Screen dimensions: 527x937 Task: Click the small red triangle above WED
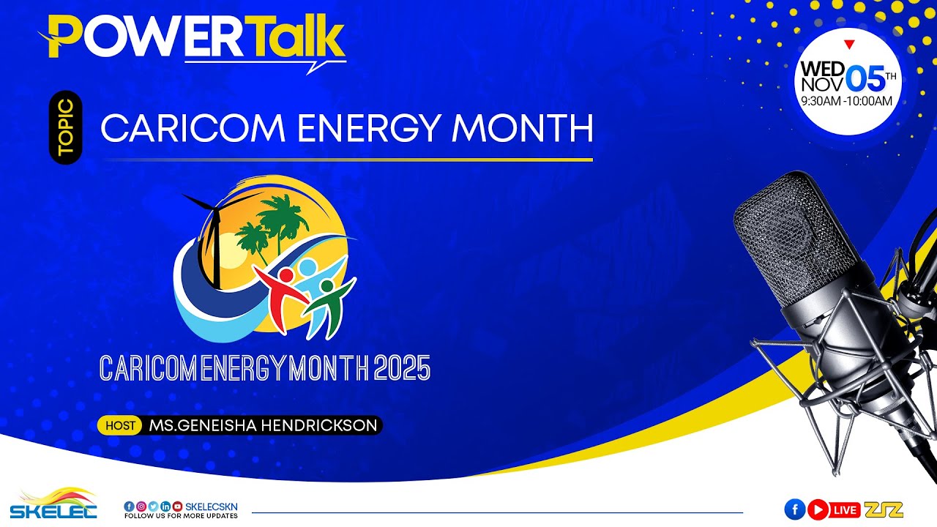[x=849, y=45]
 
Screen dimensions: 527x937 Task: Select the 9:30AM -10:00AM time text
[x=847, y=101]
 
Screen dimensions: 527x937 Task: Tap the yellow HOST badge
[x=120, y=425]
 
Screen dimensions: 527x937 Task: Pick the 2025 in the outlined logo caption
[x=402, y=368]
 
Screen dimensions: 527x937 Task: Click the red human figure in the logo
[x=282, y=296]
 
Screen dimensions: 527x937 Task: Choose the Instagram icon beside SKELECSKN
[x=141, y=506]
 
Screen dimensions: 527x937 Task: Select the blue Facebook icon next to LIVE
[x=794, y=509]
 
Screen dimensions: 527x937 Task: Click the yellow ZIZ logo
[x=884, y=509]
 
